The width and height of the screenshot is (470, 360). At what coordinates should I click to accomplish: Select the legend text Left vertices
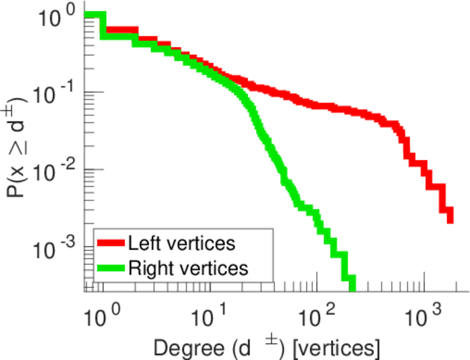point(180,243)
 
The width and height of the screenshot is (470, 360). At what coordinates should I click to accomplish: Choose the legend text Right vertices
point(187,268)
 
